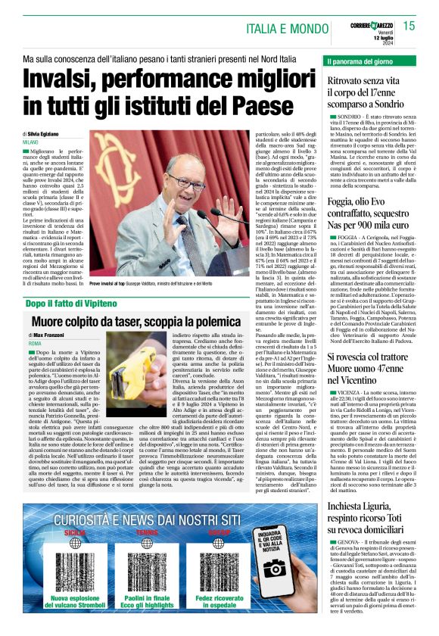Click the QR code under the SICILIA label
75,559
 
